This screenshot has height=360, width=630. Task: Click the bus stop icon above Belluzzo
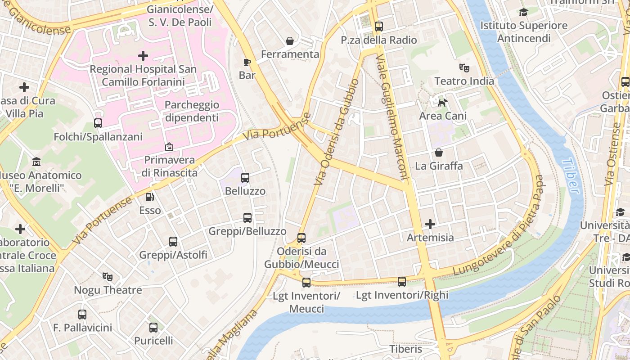245,178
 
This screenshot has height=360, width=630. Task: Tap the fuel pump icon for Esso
149,197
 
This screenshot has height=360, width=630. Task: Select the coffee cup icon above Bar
247,62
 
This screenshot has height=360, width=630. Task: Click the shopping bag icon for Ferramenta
290,41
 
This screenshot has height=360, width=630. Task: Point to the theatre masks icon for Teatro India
464,68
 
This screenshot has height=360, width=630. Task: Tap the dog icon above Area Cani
443,103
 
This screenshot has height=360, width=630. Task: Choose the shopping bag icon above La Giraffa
438,153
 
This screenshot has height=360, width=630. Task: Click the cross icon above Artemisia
430,224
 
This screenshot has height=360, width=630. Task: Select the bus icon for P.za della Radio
379,27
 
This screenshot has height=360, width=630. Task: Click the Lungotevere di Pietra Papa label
499,225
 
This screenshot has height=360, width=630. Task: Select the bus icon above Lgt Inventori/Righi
402,282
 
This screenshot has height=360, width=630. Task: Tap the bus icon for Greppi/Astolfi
173,242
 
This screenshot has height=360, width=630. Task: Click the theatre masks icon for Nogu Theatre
107,276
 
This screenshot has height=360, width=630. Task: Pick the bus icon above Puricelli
153,327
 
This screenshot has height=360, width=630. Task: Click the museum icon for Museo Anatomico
36,162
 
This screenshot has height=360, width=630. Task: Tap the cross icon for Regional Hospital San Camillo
143,56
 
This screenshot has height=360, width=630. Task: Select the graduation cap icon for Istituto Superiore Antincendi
523,12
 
